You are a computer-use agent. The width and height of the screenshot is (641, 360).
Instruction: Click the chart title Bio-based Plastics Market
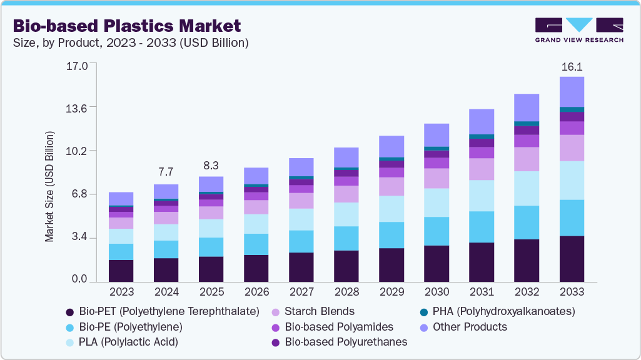[127, 26]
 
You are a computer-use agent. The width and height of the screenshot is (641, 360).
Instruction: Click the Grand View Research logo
[578, 29]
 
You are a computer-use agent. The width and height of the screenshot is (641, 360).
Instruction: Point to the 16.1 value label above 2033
[572, 67]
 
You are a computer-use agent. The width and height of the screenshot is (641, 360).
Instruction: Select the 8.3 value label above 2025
[211, 166]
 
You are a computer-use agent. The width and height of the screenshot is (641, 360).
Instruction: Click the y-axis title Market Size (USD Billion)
[49, 187]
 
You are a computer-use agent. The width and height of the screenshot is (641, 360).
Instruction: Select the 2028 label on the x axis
[346, 292]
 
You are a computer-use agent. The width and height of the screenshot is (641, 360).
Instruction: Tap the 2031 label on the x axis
[482, 292]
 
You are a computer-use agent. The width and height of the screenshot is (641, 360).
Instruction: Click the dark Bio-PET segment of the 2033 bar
[572, 259]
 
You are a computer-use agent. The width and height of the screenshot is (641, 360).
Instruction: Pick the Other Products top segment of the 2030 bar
[437, 135]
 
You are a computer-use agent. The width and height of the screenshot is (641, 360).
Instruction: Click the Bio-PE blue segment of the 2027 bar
[301, 241]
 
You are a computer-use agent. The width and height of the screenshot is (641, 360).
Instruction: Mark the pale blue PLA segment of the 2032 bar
[527, 188]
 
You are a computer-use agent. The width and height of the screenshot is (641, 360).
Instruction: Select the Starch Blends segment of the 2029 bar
[391, 186]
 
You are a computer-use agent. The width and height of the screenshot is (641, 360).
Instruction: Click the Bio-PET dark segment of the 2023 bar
[121, 271]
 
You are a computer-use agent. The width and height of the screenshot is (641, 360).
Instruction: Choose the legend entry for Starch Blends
[319, 311]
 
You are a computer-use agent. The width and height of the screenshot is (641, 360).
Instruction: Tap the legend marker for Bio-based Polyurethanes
[276, 342]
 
